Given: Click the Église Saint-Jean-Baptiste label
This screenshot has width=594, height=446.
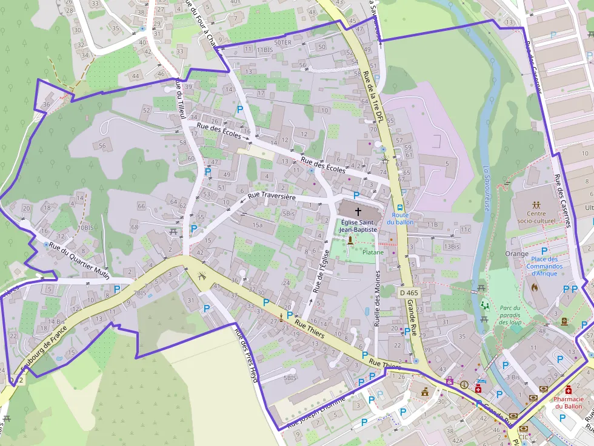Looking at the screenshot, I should (x=358, y=226).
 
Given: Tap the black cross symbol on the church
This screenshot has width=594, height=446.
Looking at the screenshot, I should (x=358, y=212).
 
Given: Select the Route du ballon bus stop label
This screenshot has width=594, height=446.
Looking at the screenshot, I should (x=399, y=218).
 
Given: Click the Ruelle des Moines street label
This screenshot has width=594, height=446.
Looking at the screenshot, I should (x=377, y=297).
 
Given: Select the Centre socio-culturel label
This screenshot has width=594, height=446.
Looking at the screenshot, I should (x=536, y=217).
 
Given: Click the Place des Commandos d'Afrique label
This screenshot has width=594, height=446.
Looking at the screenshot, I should (x=544, y=266).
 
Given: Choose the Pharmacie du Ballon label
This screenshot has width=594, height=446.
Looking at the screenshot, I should (x=568, y=402).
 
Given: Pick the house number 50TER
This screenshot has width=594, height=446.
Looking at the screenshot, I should (x=282, y=43).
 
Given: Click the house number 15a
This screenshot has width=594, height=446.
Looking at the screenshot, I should (x=258, y=225).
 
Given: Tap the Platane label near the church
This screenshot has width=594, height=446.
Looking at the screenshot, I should (x=373, y=252).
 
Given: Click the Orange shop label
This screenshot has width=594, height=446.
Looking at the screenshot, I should (x=516, y=254).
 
